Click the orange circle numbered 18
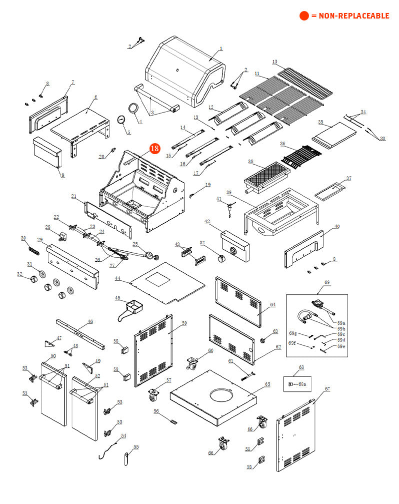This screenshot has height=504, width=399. click(x=154, y=149)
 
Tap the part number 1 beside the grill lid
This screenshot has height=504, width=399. click(x=221, y=49)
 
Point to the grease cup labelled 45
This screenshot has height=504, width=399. click(x=132, y=306)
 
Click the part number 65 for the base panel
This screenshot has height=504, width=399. click(x=267, y=384)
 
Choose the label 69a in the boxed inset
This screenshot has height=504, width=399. click(x=341, y=323)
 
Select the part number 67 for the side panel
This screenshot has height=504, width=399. click(x=327, y=389)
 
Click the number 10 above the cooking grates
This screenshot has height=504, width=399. click(x=274, y=62)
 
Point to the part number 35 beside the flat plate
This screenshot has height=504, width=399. click(x=320, y=122)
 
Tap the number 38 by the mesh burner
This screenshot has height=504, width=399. click(x=251, y=162)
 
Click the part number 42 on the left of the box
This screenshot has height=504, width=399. click(x=207, y=221)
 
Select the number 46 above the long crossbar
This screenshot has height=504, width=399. click(x=90, y=322)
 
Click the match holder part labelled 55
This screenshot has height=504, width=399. click(x=126, y=458)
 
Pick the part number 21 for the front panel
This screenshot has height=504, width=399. click(x=73, y=196)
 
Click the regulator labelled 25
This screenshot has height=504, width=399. click(x=148, y=255)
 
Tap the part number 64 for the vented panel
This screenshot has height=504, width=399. click(x=272, y=304)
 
